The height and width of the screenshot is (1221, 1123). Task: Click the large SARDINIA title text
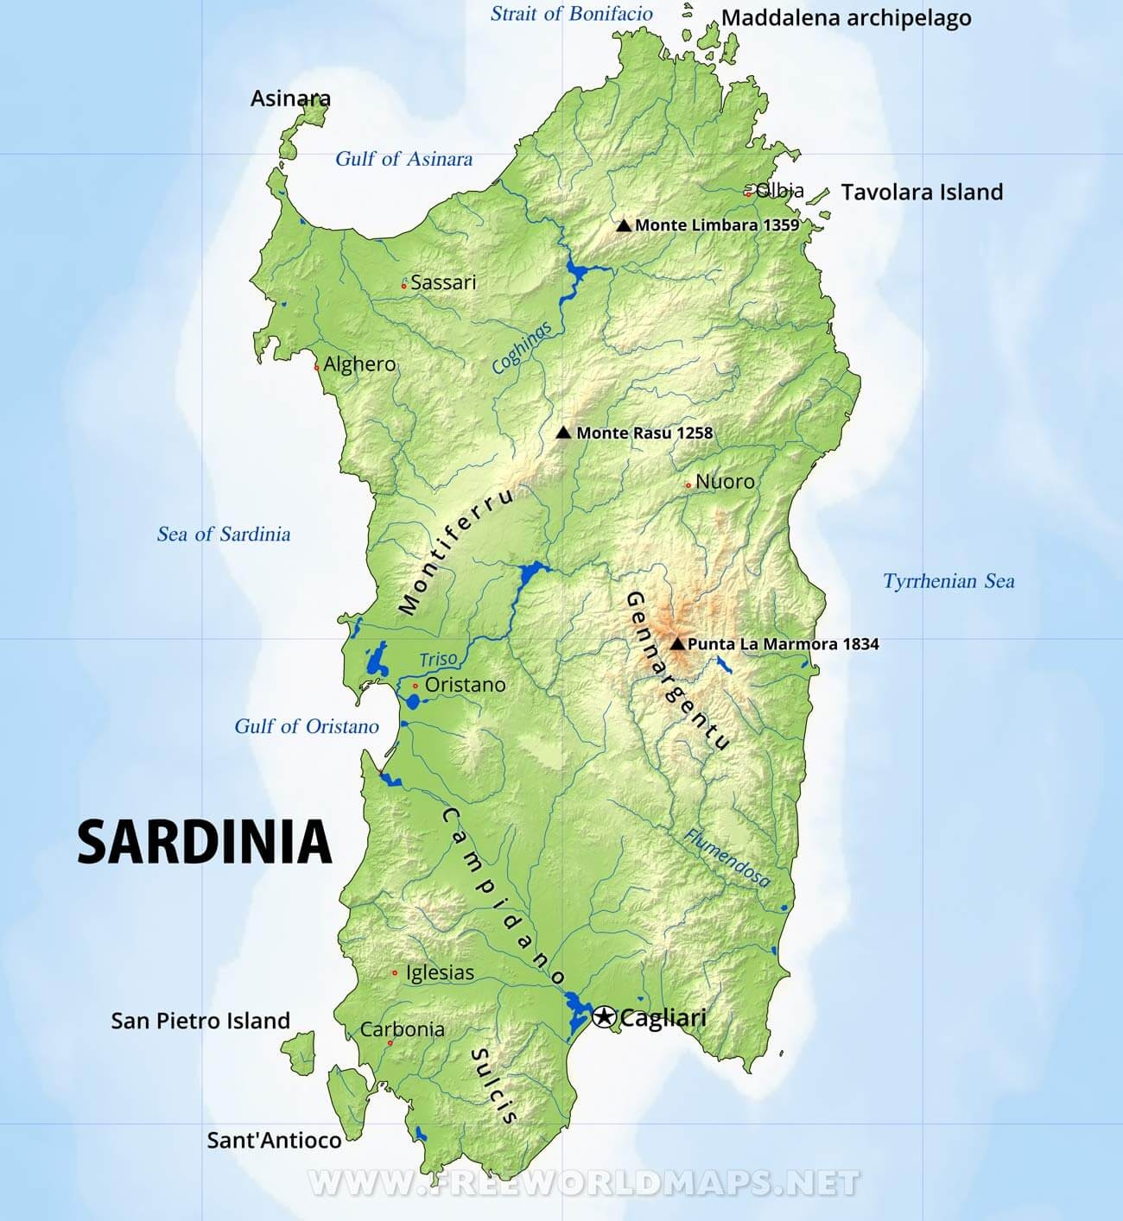[205, 842]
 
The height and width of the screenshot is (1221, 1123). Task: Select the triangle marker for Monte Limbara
[624, 225]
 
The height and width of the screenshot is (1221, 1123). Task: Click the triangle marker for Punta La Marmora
[677, 643]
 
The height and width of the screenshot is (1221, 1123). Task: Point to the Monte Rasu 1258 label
[644, 433]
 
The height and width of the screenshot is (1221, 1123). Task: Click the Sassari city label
[443, 282]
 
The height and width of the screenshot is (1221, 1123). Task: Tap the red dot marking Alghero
[317, 367]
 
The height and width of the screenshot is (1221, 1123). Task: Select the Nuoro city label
[725, 482]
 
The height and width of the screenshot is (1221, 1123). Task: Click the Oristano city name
[466, 685]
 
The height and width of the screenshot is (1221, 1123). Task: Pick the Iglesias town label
[440, 972]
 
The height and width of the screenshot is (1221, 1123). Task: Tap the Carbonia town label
[403, 1029]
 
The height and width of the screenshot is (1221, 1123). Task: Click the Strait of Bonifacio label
[572, 14]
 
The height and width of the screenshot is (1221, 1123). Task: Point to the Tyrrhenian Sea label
[949, 581]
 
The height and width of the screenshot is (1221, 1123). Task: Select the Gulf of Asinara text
[403, 159]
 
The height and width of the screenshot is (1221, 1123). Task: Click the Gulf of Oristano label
[307, 726]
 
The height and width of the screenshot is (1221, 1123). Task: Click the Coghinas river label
[522, 347]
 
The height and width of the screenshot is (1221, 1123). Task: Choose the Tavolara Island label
[922, 192]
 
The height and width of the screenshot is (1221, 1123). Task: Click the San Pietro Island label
[200, 1021]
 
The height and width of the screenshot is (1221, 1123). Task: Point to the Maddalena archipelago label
[846, 18]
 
